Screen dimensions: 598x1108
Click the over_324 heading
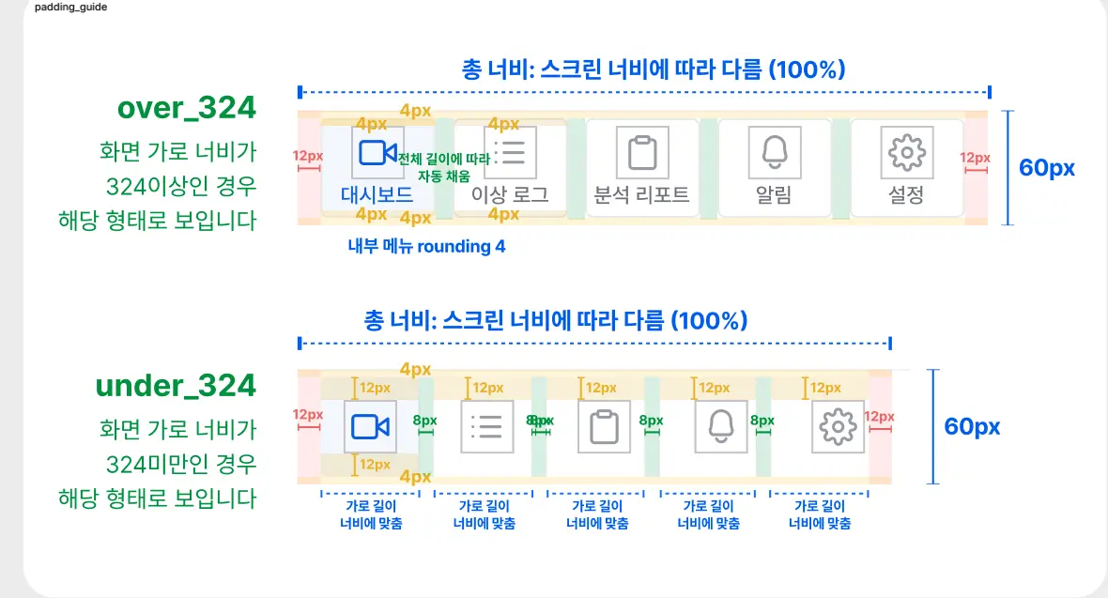coord(186,108)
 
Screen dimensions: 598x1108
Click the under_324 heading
coord(176,386)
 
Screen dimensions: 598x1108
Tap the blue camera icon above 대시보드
coord(377,152)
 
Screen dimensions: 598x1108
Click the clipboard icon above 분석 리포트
coord(642,152)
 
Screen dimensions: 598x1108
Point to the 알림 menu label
coord(774,195)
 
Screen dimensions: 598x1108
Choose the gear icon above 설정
coord(906,152)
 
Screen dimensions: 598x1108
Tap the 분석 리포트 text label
coord(642,195)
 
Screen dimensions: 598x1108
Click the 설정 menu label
coord(906,195)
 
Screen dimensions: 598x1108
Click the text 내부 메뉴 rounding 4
coord(426,247)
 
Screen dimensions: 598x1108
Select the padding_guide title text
coord(70,7)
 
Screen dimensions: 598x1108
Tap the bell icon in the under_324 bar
coord(721,426)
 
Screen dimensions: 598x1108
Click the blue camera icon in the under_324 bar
coord(370,426)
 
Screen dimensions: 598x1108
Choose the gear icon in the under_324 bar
coord(836,426)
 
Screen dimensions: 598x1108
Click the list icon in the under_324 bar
coord(486,426)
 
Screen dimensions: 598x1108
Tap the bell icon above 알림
coord(775,152)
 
